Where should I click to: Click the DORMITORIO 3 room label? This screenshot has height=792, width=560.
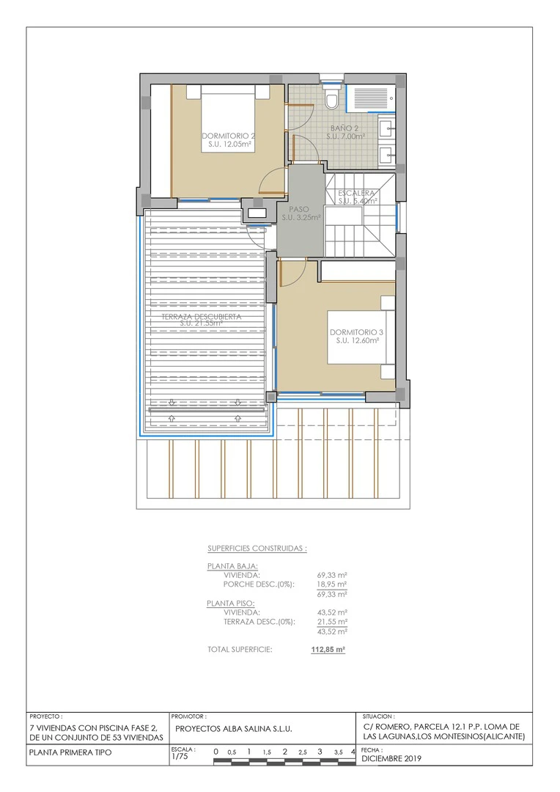point(357,336)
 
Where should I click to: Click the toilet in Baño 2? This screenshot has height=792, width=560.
point(332,99)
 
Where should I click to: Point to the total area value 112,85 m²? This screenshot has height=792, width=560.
point(328,649)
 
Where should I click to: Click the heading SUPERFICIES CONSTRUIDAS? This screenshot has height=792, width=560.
point(257,548)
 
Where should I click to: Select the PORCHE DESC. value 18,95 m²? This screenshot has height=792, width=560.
point(331,585)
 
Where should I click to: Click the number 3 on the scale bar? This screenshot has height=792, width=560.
point(320,752)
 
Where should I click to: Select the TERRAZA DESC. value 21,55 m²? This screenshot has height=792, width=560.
point(331,621)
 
